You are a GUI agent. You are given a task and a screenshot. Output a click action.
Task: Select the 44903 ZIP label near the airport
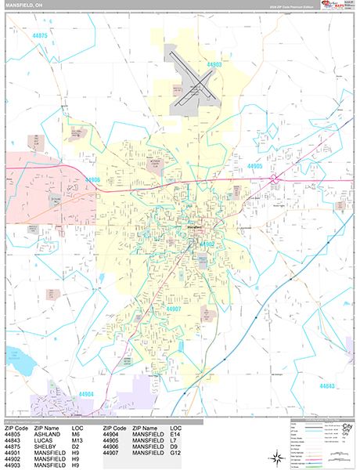coord(215,63)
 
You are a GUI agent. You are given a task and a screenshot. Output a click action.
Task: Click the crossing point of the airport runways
coord(196,89)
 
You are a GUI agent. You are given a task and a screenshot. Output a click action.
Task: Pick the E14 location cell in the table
coord(175,435)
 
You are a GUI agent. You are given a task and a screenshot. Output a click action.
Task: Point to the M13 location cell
coord(77,441)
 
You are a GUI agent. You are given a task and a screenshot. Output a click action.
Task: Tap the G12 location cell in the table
coord(175,454)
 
